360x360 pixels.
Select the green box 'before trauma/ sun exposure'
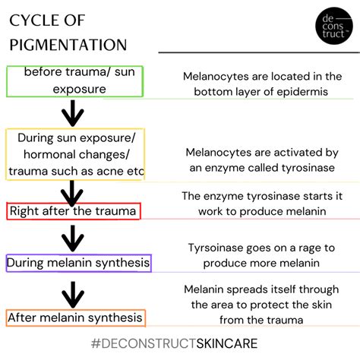(74, 81)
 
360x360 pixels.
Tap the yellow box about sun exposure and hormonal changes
(76, 153)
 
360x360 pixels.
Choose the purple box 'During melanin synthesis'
(77, 264)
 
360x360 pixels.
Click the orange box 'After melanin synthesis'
(74, 317)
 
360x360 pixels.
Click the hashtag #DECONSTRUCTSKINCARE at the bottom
(180, 344)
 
